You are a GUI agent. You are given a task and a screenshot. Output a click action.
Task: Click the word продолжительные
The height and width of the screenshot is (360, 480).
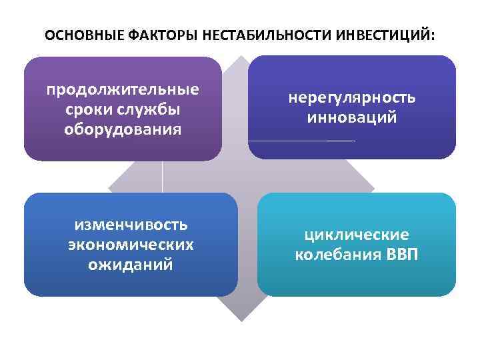point(123,89)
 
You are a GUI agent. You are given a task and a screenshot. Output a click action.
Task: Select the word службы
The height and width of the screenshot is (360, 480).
point(152,109)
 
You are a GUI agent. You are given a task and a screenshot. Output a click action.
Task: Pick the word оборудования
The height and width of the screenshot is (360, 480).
point(123,127)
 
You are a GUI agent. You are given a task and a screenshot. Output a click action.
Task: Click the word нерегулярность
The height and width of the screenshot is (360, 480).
point(352,98)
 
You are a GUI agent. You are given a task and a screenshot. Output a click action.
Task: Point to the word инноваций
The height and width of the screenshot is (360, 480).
point(352,117)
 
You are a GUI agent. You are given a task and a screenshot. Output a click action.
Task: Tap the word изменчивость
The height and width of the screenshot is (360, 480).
point(131,225)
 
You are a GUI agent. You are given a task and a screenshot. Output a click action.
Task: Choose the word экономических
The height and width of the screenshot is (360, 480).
point(131,245)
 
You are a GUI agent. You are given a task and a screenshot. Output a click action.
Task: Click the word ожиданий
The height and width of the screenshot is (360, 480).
point(131,264)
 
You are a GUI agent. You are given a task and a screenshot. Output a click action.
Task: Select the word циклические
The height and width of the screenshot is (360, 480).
point(357,235)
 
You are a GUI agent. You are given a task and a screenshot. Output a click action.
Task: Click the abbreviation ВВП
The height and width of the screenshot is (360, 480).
point(403,255)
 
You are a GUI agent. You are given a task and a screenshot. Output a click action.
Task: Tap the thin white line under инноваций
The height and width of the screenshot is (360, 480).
point(301,141)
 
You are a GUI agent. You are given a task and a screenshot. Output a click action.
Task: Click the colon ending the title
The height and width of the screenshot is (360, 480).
point(433,35)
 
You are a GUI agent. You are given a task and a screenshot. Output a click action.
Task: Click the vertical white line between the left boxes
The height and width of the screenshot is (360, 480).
point(163,177)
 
